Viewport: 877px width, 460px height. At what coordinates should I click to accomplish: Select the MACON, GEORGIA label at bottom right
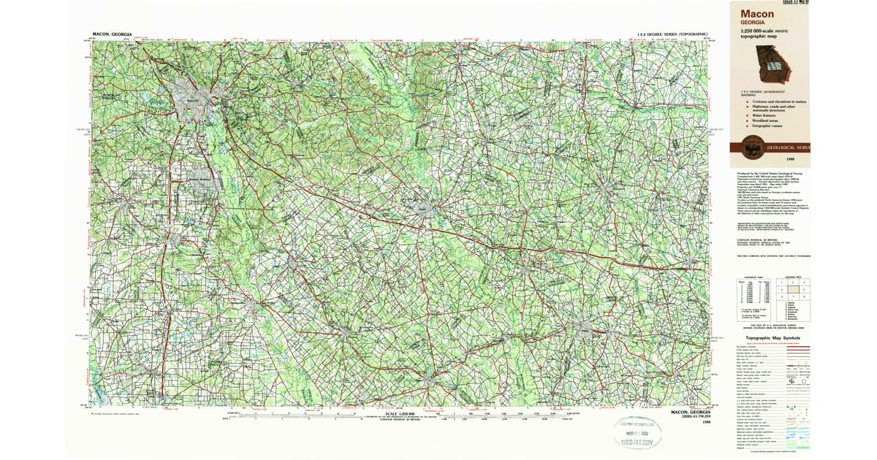(x=690, y=413)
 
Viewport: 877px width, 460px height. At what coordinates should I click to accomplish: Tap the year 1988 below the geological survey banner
(x=790, y=158)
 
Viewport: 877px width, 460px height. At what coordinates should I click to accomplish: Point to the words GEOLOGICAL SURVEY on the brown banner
(x=788, y=147)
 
